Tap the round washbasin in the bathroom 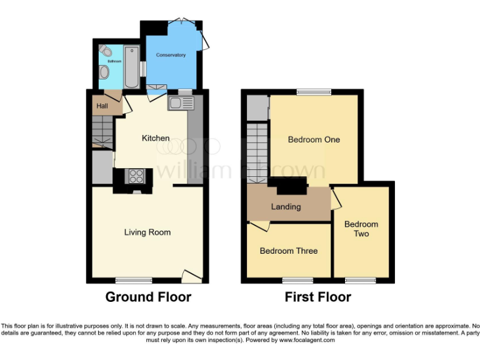click(x=104, y=74)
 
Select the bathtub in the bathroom click(x=132, y=67)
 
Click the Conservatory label click(x=171, y=55)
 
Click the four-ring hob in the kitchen click(x=136, y=177)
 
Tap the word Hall click(x=102, y=106)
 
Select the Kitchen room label click(x=156, y=138)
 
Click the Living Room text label click(x=147, y=232)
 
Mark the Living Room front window click(x=134, y=280)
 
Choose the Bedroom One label click(x=314, y=139)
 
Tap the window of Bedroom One click(x=314, y=92)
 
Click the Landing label click(x=286, y=206)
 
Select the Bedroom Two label click(x=361, y=229)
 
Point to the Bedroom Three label click(x=289, y=251)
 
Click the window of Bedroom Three click(x=297, y=280)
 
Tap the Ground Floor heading click(x=148, y=297)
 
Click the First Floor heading click(x=317, y=297)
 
